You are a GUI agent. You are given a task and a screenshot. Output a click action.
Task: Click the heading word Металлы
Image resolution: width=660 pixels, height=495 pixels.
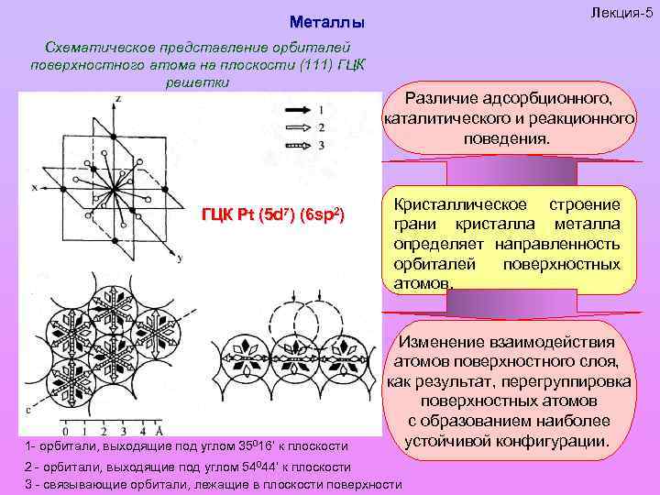click(326, 21)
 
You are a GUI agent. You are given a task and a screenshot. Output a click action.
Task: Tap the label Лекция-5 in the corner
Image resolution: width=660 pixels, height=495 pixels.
click(621, 11)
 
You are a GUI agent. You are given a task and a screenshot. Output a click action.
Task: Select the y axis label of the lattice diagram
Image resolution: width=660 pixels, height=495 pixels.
click(180, 259)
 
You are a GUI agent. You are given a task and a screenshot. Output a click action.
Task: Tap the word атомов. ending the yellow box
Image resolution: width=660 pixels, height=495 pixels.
click(423, 283)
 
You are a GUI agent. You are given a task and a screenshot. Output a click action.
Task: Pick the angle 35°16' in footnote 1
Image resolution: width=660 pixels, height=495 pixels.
click(241, 445)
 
